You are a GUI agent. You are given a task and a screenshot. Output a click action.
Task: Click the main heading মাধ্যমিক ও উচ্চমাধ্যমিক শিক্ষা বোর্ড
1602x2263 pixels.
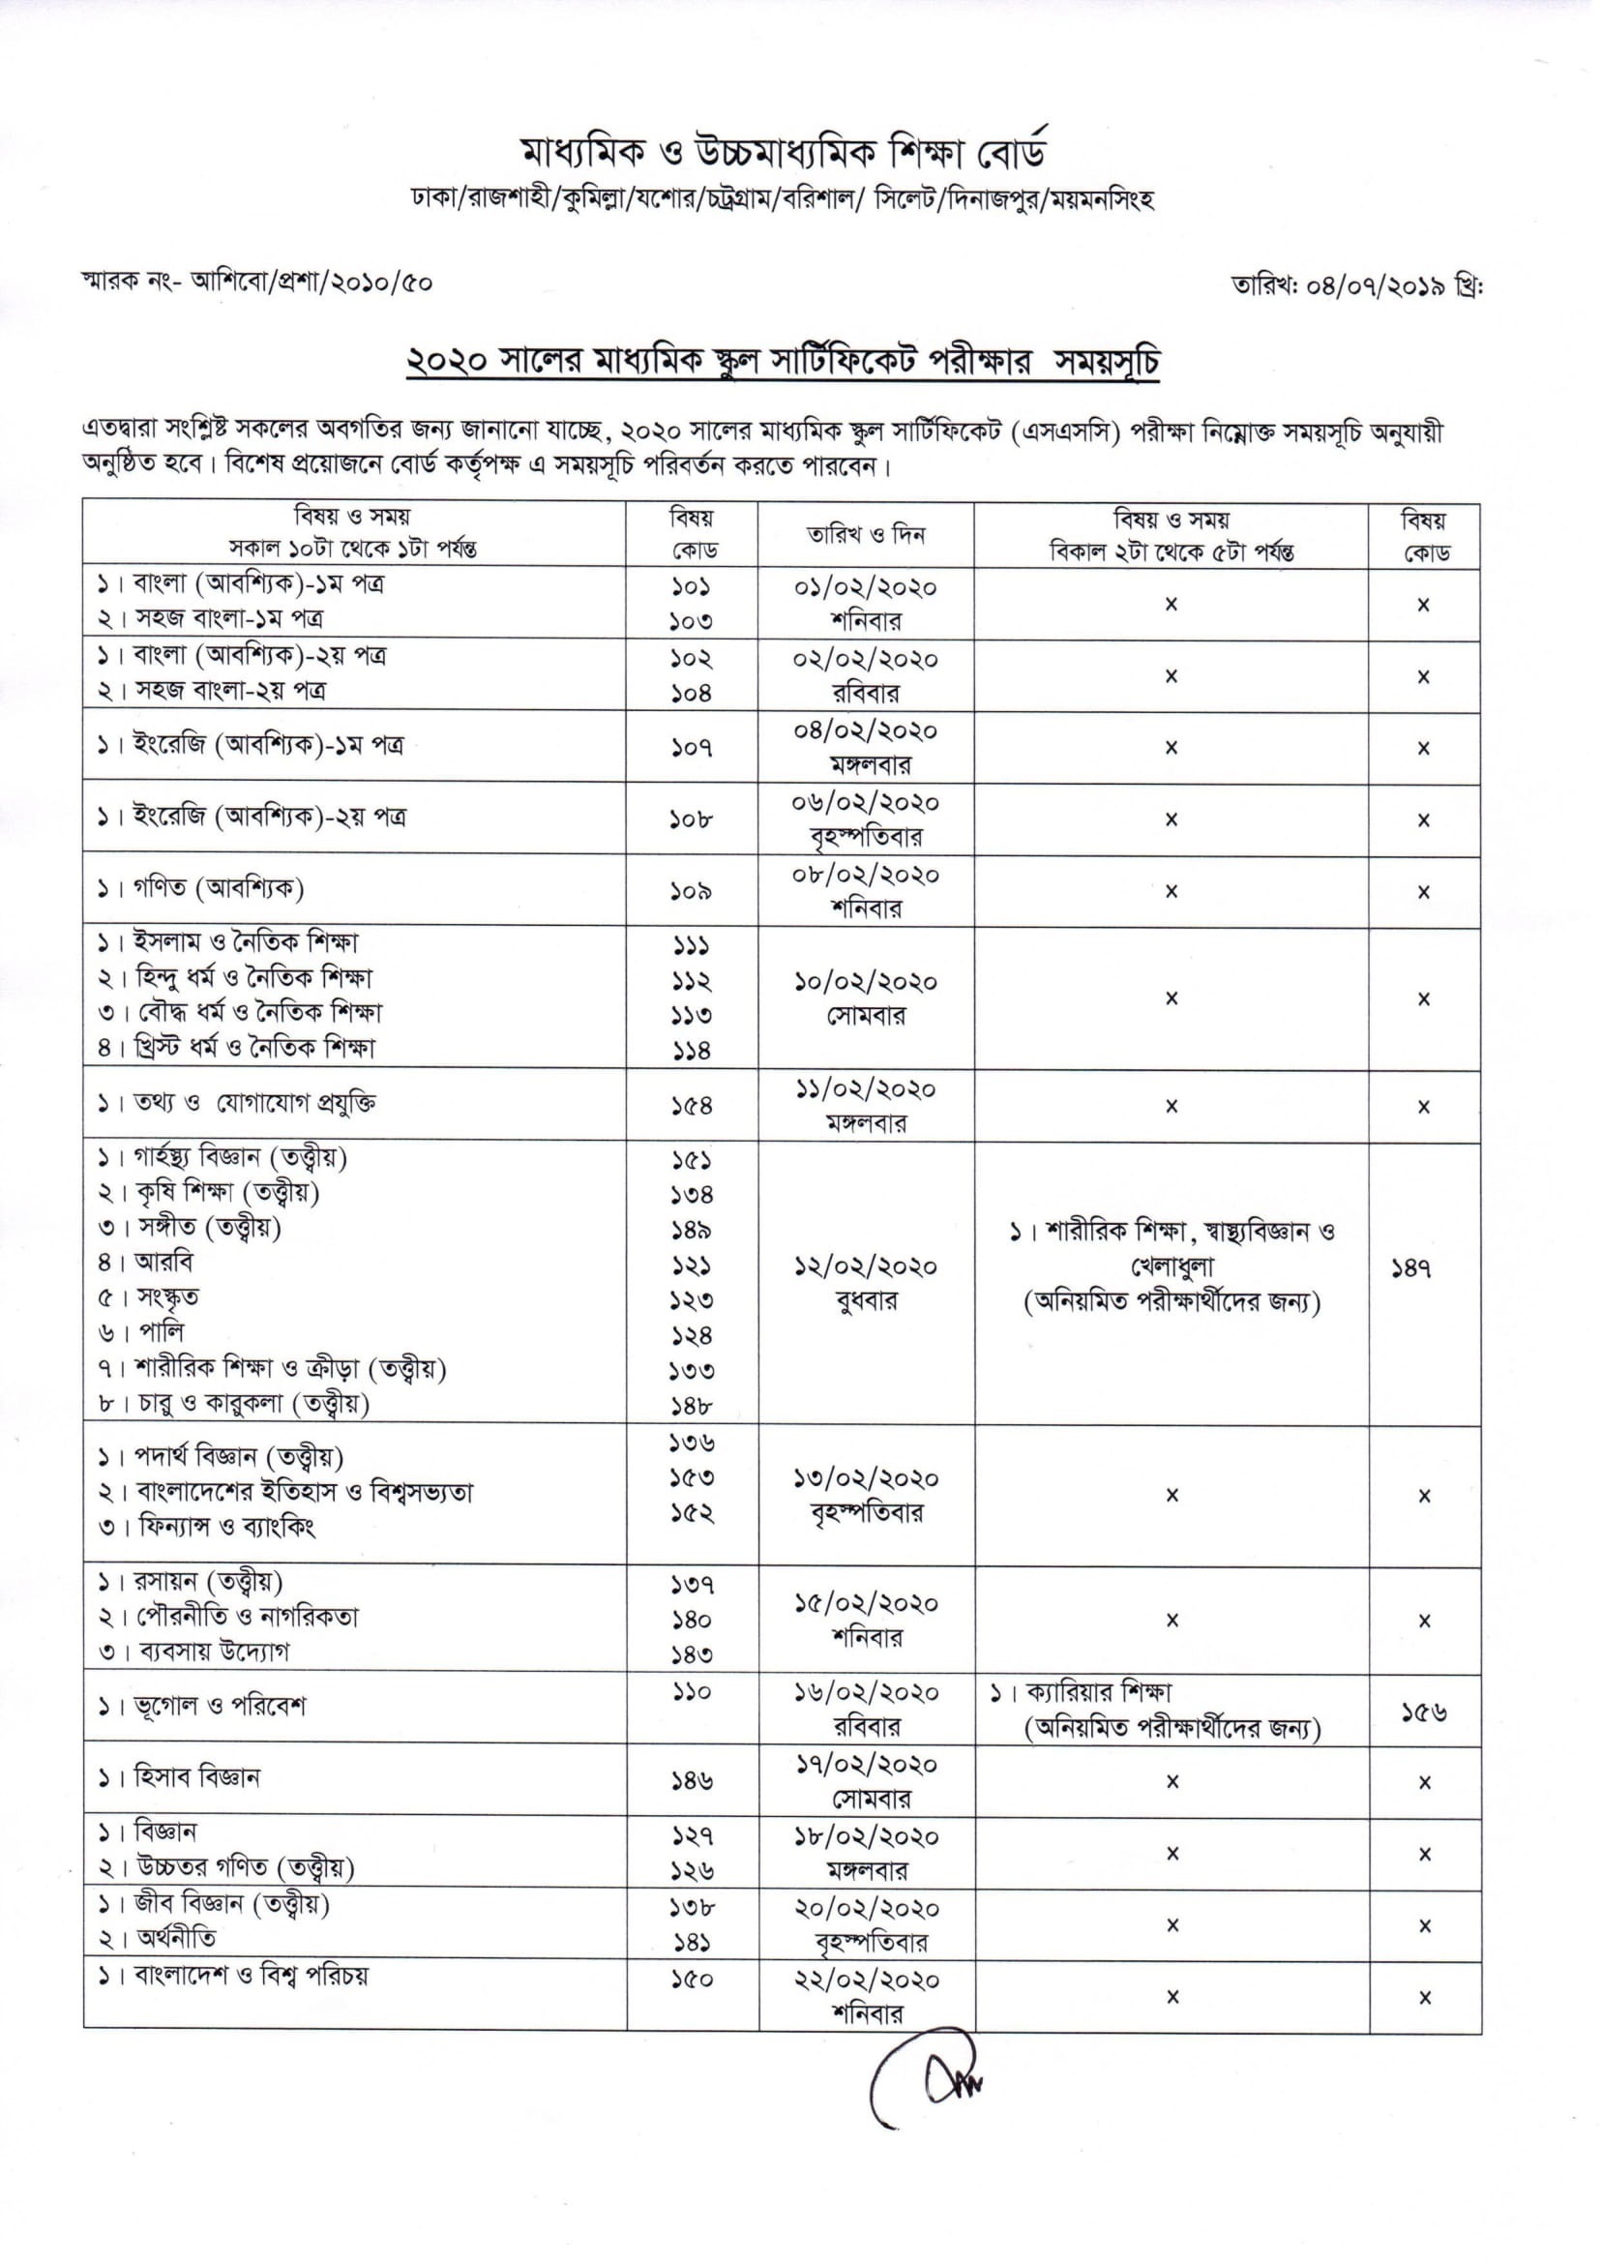(x=784, y=153)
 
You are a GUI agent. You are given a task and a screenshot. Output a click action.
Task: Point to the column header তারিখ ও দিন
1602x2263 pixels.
(x=865, y=535)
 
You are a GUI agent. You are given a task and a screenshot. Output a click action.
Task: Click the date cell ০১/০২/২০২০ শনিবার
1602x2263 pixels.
(x=865, y=604)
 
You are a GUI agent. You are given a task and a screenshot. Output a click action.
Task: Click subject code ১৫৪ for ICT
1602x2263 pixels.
(x=692, y=1107)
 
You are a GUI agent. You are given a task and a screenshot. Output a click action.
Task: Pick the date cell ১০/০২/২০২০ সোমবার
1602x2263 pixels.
(x=865, y=998)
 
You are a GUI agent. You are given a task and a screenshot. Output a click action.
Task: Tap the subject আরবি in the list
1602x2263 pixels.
(x=163, y=1262)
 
